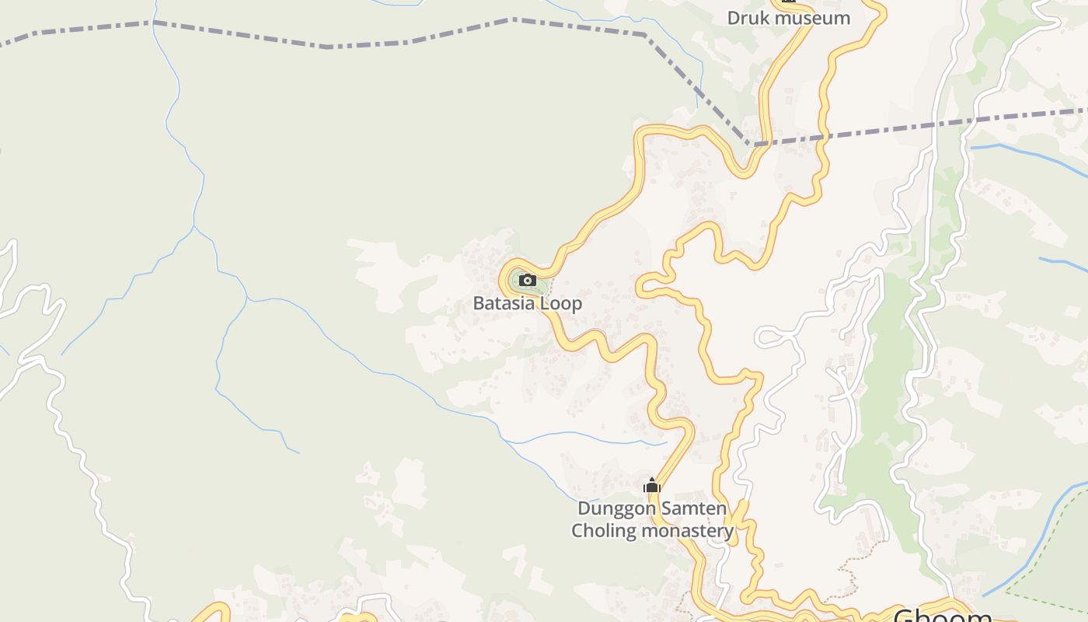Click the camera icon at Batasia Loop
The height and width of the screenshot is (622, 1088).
click(x=528, y=280)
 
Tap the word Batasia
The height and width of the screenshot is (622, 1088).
click(x=503, y=303)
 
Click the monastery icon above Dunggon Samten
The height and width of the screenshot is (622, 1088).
click(x=651, y=486)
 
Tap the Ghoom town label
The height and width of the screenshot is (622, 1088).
click(x=942, y=616)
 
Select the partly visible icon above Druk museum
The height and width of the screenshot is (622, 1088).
click(x=789, y=2)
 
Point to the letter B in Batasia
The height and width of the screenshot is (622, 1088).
click(x=479, y=303)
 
